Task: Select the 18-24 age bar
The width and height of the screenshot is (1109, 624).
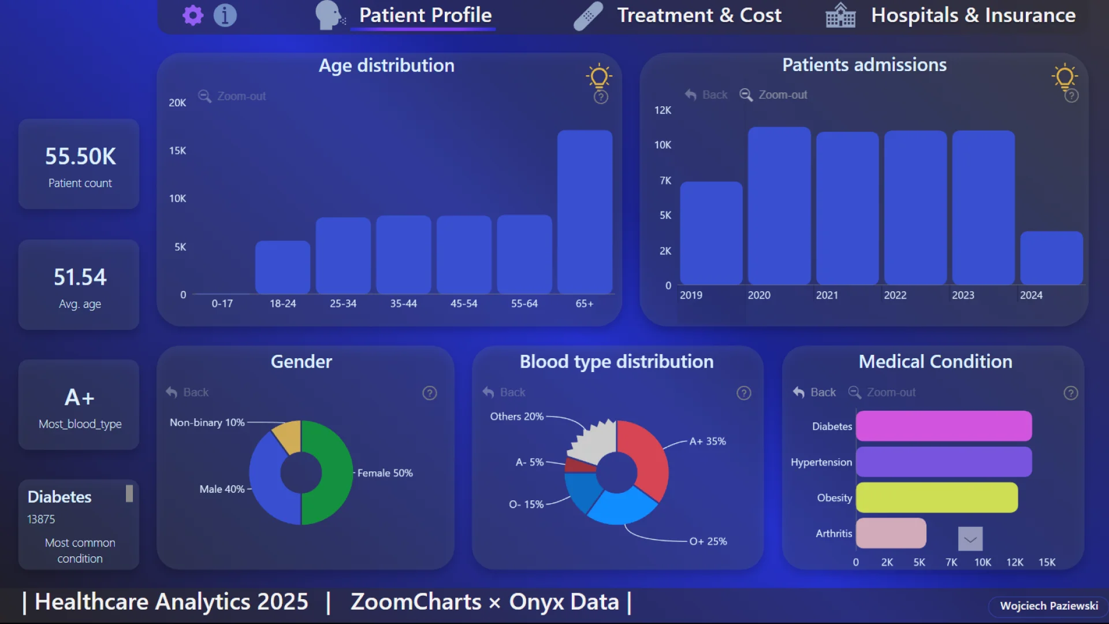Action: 282,267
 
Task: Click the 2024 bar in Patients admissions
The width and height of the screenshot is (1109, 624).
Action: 1051,258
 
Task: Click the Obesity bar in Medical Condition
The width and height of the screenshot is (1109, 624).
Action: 936,497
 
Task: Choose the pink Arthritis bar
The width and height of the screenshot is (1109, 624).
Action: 891,533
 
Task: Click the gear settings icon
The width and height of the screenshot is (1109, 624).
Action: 193,16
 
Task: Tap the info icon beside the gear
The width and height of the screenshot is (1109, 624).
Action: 225,16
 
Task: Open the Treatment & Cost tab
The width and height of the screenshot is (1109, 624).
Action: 699,16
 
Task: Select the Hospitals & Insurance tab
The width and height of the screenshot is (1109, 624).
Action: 973,16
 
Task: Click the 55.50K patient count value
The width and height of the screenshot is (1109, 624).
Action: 80,157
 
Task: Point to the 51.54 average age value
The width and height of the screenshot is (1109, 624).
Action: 80,277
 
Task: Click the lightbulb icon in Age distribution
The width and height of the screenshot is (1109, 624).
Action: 599,76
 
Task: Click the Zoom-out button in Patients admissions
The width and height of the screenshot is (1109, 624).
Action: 774,95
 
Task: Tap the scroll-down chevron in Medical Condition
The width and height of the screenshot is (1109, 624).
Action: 970,539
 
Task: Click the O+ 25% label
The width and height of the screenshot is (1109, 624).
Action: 708,541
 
